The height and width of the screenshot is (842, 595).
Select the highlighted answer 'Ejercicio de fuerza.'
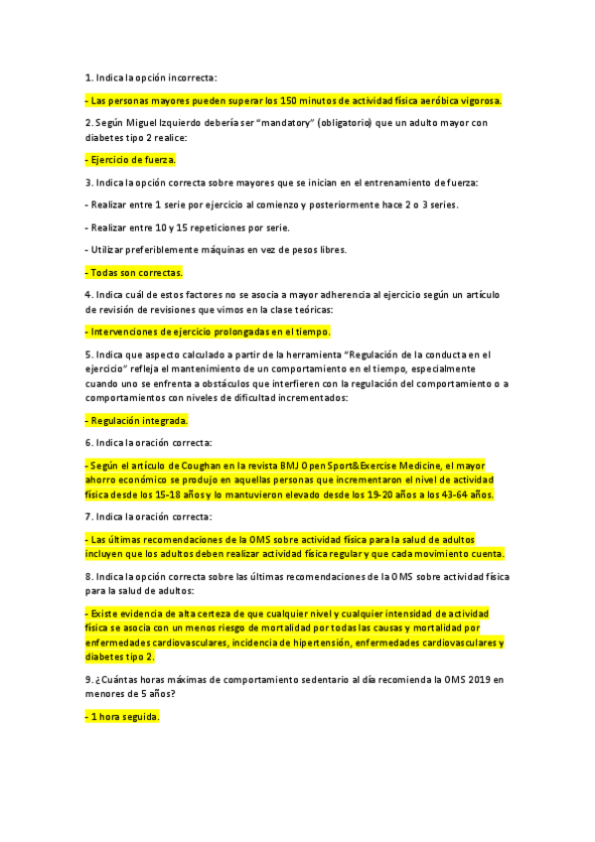tap(131, 159)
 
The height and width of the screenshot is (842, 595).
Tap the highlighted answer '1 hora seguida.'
tap(122, 716)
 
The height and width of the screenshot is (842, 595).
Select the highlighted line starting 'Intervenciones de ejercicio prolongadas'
tap(208, 332)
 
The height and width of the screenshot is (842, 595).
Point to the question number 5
tap(88, 353)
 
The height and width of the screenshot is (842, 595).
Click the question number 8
tap(88, 576)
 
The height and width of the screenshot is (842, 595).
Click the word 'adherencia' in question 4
tap(319, 295)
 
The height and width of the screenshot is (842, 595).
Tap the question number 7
tap(88, 516)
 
